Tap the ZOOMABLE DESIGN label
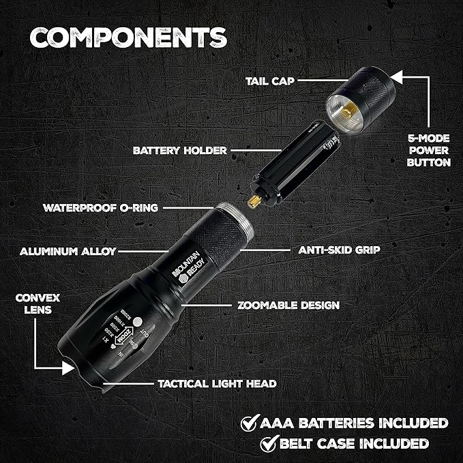(287, 305)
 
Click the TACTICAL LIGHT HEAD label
(217, 383)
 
